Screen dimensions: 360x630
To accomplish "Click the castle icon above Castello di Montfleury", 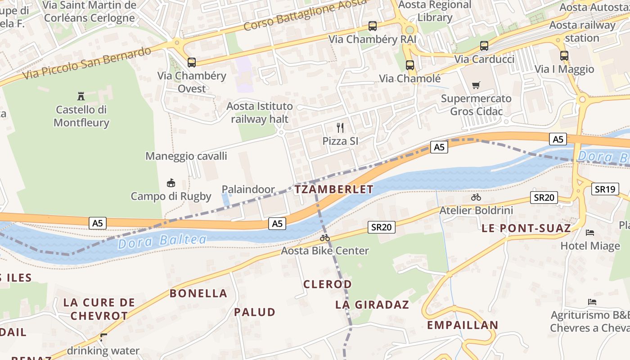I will click(x=81, y=96).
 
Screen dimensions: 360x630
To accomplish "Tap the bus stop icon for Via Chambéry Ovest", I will click(x=192, y=63).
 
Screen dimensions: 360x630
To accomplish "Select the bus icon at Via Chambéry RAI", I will click(x=373, y=26).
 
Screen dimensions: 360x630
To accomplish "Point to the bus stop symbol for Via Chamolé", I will click(x=409, y=65).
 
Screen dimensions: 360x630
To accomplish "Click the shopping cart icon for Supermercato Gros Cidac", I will click(x=476, y=85).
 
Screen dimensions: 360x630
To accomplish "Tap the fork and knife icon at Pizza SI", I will click(x=340, y=128).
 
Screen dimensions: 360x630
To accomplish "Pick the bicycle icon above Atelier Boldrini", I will click(x=476, y=197).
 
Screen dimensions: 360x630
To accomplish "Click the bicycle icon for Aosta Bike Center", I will click(x=325, y=238).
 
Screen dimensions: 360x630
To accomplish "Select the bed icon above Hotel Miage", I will click(x=590, y=233).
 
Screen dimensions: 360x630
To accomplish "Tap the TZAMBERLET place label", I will click(x=334, y=189).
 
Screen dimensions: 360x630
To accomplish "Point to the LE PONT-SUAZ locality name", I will click(x=526, y=228).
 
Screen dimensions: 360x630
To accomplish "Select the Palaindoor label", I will click(x=248, y=189).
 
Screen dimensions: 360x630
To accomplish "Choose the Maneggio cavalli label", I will click(x=186, y=156).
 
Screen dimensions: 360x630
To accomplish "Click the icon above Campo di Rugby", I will click(x=171, y=183).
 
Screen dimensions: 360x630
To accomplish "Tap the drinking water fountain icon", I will click(x=103, y=337).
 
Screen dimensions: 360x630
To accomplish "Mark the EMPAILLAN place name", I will click(x=462, y=325).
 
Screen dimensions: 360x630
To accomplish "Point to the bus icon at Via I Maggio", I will click(x=564, y=56).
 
